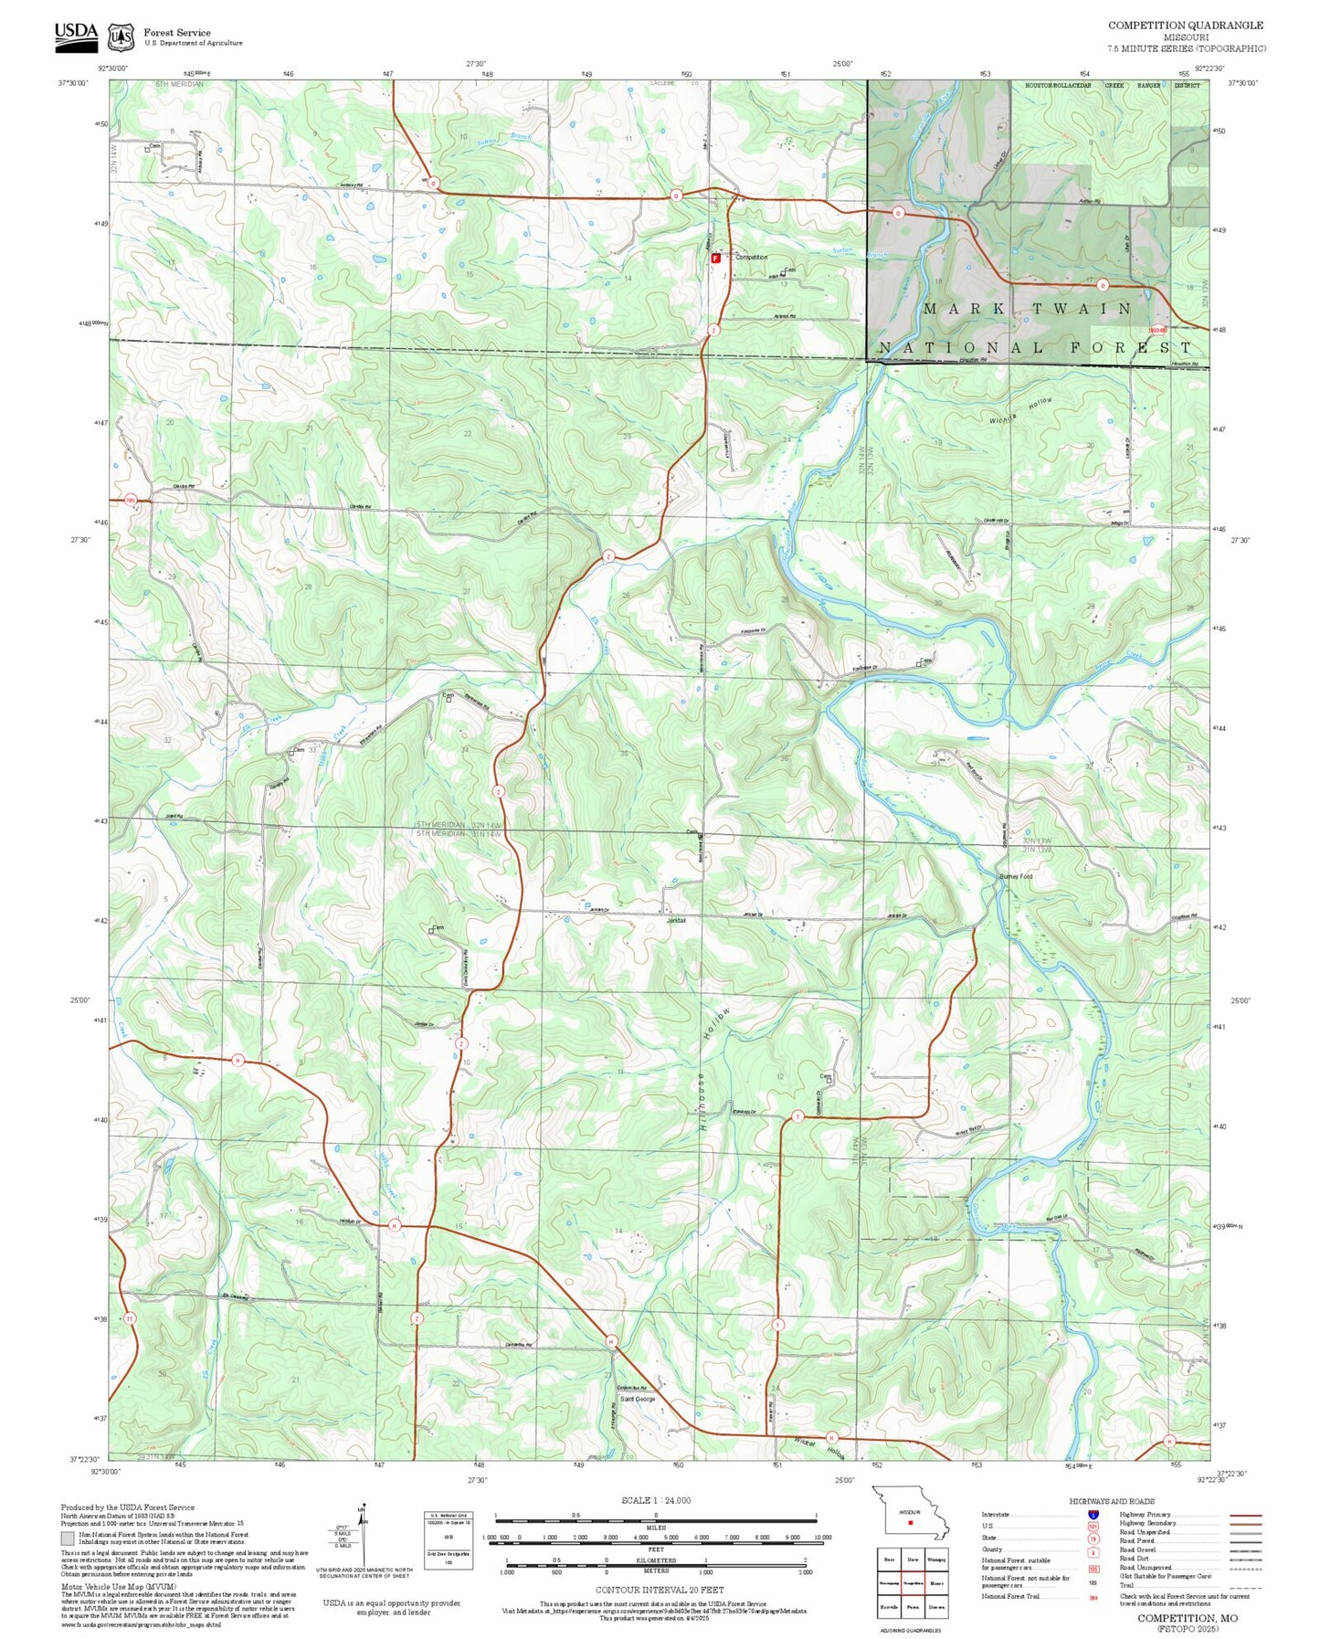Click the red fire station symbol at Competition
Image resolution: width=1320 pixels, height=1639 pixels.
[x=715, y=258]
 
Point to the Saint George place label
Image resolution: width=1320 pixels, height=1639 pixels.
[x=638, y=1399]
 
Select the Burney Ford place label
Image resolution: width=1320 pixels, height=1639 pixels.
[x=1015, y=876]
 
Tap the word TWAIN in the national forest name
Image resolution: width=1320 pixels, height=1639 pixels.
[x=1083, y=309]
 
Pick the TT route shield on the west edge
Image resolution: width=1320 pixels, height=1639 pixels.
[x=130, y=1318]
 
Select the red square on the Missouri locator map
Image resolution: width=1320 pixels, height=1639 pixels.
[x=910, y=1522]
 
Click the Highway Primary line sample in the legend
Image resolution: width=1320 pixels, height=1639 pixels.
[x=1245, y=1515]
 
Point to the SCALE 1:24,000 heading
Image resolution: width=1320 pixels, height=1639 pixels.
[x=655, y=1500]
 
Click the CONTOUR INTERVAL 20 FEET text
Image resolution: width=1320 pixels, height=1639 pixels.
[x=655, y=1590]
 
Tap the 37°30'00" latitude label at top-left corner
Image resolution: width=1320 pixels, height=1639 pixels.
[x=73, y=83]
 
